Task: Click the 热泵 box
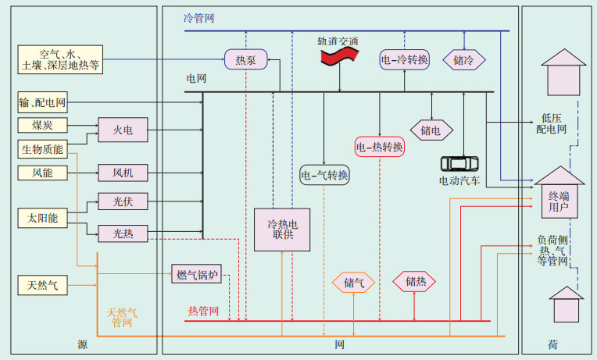[x=246, y=59]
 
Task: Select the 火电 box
[x=122, y=130]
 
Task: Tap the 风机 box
[x=122, y=173]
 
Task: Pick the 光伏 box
[x=122, y=201]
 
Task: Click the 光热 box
[x=122, y=232]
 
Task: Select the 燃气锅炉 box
[x=196, y=274]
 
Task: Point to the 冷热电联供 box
[x=277, y=229]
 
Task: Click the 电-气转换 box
[x=324, y=174]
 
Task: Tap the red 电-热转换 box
[x=379, y=147]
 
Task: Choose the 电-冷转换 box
[x=405, y=59]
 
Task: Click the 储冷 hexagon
[x=463, y=59]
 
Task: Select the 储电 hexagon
[x=431, y=130]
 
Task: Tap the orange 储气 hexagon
[x=354, y=283]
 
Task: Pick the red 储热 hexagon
[x=414, y=282]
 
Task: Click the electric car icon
[x=459, y=163]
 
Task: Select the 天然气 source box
[x=42, y=286]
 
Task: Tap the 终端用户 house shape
[x=558, y=195]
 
